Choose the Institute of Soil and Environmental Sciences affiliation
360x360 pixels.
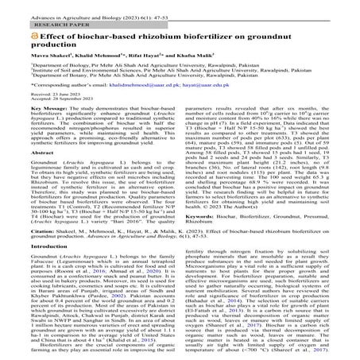(x=119, y=74)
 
